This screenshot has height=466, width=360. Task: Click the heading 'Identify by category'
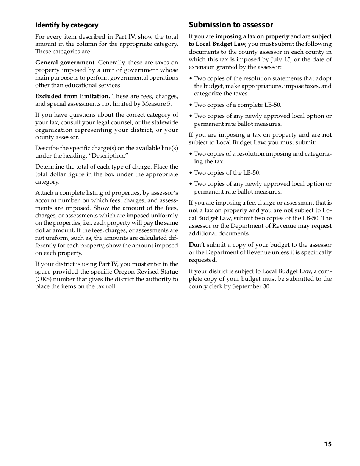click(67, 25)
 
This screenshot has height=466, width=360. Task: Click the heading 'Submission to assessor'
click(231, 25)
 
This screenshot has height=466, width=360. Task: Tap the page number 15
click(327, 444)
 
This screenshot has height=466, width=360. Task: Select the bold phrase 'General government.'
click(66, 63)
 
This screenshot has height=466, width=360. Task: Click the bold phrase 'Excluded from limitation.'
click(73, 96)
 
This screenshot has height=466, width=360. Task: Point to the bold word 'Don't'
click(197, 245)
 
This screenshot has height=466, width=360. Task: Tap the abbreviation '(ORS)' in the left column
click(44, 279)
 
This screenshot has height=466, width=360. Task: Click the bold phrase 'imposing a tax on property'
click(252, 37)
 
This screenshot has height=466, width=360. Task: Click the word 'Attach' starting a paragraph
click(44, 193)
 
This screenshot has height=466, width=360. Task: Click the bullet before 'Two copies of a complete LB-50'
click(191, 105)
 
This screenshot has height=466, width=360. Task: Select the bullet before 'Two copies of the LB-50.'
click(191, 173)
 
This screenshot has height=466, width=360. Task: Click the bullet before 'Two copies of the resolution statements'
click(191, 78)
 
